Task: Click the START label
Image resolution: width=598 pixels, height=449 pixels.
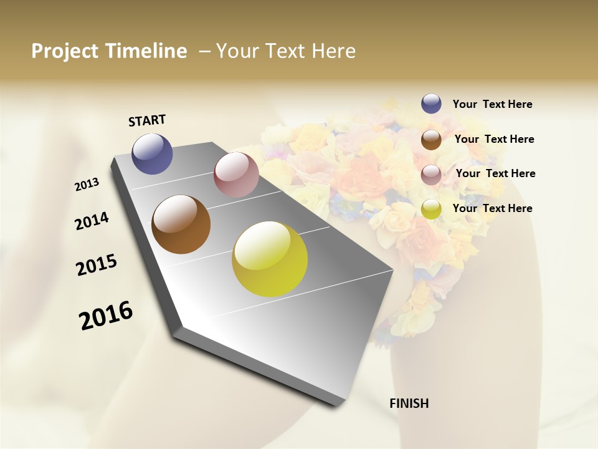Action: [x=147, y=120]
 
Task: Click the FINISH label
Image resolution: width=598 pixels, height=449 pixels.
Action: [x=409, y=403]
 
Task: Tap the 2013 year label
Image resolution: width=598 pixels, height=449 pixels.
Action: [x=87, y=185]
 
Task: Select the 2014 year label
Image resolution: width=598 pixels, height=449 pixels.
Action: [x=92, y=221]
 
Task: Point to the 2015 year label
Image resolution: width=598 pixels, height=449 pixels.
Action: [x=97, y=265]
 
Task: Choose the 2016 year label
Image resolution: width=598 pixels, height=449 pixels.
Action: [x=106, y=316]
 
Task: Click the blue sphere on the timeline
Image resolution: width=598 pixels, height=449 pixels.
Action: [x=152, y=154]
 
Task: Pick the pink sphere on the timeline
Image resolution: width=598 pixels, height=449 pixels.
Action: [x=236, y=175]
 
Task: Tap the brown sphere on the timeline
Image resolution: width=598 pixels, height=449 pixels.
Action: [x=181, y=224]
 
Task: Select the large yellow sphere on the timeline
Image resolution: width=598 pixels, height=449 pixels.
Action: [x=270, y=259]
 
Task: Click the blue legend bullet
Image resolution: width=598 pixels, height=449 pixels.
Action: [x=431, y=104]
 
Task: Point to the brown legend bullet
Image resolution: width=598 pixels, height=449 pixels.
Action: [x=431, y=140]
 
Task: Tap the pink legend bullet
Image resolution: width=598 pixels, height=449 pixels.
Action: [x=431, y=175]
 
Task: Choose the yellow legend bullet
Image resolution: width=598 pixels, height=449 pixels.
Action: [x=431, y=209]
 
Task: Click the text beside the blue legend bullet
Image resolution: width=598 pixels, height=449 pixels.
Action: [x=492, y=104]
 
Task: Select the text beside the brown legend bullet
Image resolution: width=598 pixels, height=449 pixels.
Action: [x=494, y=139]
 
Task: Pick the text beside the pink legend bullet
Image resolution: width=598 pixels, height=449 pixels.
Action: [x=495, y=173]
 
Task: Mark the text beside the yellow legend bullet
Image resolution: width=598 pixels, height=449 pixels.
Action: [x=492, y=208]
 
